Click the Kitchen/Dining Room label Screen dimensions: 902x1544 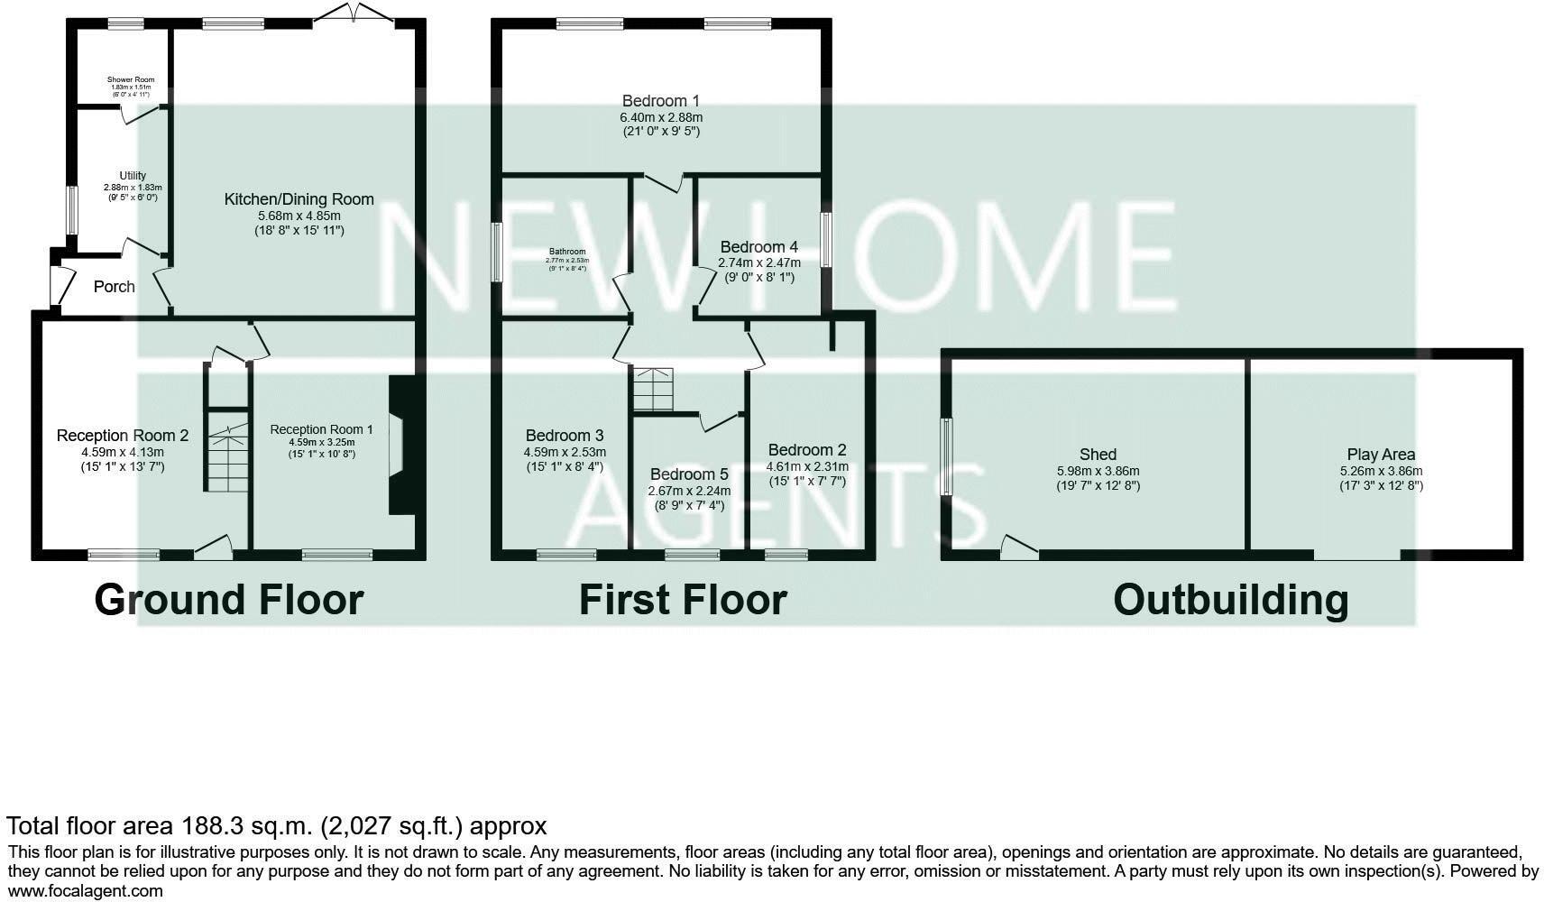299,199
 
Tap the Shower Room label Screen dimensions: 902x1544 131,79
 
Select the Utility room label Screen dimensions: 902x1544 133,176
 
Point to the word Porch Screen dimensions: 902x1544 115,287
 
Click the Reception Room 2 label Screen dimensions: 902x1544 123,436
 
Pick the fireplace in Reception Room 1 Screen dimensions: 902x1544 399,445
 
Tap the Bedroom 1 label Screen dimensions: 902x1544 660,101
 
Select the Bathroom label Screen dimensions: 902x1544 567,252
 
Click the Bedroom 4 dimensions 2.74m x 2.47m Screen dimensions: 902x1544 758,262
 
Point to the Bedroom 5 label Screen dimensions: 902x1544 689,474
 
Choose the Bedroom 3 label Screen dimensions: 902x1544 565,436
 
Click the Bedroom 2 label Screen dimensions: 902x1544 807,450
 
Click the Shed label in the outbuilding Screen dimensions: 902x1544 1098,455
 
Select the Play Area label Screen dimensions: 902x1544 1381,455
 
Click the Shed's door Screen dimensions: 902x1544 1018,548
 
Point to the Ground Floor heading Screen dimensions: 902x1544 228,600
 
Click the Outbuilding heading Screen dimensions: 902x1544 1230,600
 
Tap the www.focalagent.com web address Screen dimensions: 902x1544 86,891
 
